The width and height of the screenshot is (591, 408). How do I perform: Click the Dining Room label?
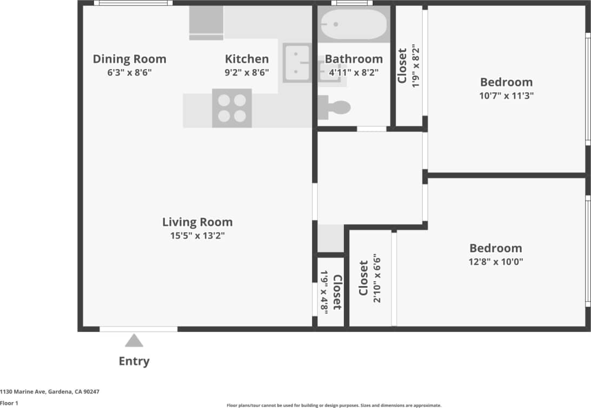tap(129, 59)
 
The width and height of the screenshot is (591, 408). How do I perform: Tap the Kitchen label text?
tap(247, 59)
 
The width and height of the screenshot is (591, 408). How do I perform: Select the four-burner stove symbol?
tap(232, 107)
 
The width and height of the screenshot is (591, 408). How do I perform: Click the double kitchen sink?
tap(296, 63)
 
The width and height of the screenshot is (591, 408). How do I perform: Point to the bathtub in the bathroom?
tap(354, 25)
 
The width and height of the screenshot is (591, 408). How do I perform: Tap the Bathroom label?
tap(354, 59)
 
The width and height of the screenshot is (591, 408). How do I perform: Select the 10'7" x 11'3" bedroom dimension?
tap(507, 96)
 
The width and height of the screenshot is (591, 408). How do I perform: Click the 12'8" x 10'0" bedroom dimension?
tap(496, 262)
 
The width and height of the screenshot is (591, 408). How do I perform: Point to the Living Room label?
tap(197, 222)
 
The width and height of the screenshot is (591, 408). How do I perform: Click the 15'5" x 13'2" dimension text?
tap(197, 235)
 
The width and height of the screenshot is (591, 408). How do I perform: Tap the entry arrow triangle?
tap(134, 341)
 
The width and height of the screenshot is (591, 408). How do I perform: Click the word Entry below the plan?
tap(134, 361)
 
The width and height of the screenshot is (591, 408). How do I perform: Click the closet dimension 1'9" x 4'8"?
tap(325, 291)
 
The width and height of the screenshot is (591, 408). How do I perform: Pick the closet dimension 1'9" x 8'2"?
tap(415, 66)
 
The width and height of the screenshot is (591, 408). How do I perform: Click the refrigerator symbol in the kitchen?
tap(206, 23)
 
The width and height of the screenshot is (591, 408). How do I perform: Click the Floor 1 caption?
tap(9, 403)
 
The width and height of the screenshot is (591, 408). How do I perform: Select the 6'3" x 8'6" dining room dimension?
tap(129, 72)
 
